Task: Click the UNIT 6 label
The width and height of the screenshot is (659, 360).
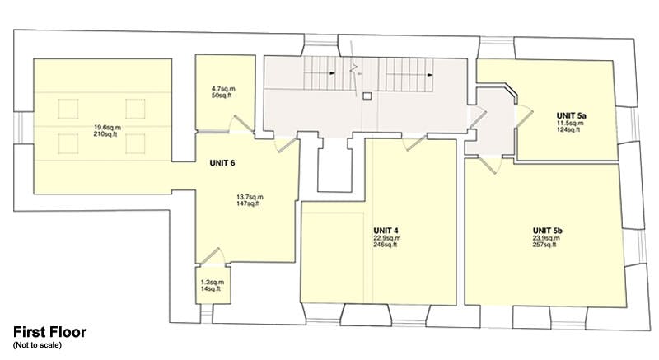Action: coord(222,163)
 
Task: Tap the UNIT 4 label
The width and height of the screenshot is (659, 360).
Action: coord(386,231)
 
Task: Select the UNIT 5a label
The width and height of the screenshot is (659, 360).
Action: coord(572,115)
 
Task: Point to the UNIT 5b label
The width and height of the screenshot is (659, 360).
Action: coord(547,231)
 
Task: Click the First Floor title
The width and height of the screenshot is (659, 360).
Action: coord(50,332)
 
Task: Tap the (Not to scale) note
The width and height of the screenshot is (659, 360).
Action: coord(37,345)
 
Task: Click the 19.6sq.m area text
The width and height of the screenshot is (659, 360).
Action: coord(108,128)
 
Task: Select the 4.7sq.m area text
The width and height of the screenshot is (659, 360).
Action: coord(223,89)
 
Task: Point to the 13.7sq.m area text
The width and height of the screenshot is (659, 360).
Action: coord(250,197)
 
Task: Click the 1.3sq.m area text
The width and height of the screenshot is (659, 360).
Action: coord(213,283)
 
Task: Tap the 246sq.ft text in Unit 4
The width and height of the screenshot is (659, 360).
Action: coord(385,245)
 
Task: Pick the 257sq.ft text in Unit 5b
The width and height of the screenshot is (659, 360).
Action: coord(544,245)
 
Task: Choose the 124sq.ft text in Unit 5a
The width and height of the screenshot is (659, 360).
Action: coord(568,130)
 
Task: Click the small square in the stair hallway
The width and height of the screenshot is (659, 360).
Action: coord(367,96)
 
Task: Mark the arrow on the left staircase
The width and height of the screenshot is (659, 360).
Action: coord(333,73)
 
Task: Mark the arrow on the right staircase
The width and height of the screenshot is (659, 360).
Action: coord(430,75)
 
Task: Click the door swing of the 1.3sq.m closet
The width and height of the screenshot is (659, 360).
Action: coord(213,257)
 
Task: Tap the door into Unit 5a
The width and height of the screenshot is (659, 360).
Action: coord(524,115)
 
